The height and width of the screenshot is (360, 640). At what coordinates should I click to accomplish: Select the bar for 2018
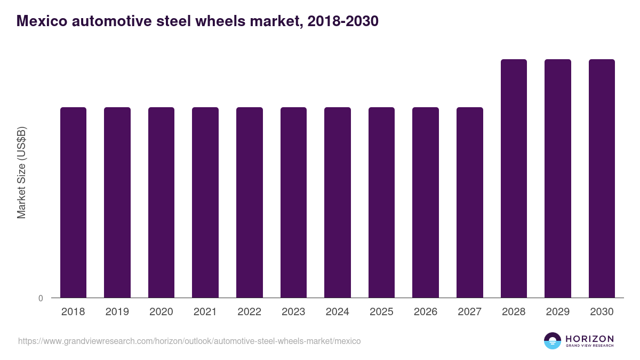(x=73, y=203)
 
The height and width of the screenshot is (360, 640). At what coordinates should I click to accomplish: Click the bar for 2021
(x=205, y=203)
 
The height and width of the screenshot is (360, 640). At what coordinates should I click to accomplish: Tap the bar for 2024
(x=338, y=203)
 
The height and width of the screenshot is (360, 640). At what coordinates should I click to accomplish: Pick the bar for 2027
(x=470, y=203)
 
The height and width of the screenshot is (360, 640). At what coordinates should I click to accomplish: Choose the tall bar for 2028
(x=514, y=179)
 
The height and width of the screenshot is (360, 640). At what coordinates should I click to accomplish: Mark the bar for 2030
(x=602, y=179)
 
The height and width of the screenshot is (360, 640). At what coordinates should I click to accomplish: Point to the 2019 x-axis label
(x=117, y=312)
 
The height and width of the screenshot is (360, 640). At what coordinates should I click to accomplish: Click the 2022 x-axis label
(x=249, y=312)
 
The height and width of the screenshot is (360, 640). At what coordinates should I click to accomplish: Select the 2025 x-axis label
(x=381, y=312)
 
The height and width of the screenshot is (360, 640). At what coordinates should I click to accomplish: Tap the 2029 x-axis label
(x=557, y=312)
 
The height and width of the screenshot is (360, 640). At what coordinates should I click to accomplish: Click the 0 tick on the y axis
(x=41, y=298)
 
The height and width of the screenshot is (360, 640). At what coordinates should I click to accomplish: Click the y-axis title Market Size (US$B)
(x=22, y=173)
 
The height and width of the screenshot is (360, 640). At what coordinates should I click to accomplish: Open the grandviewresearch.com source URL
(x=189, y=341)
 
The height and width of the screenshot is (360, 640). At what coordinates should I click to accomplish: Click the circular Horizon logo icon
(x=552, y=341)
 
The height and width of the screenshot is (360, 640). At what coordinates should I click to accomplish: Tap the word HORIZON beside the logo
(x=589, y=339)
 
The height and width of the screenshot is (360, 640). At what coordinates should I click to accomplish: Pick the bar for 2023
(x=293, y=203)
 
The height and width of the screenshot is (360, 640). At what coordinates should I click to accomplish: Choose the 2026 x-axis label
(x=426, y=312)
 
